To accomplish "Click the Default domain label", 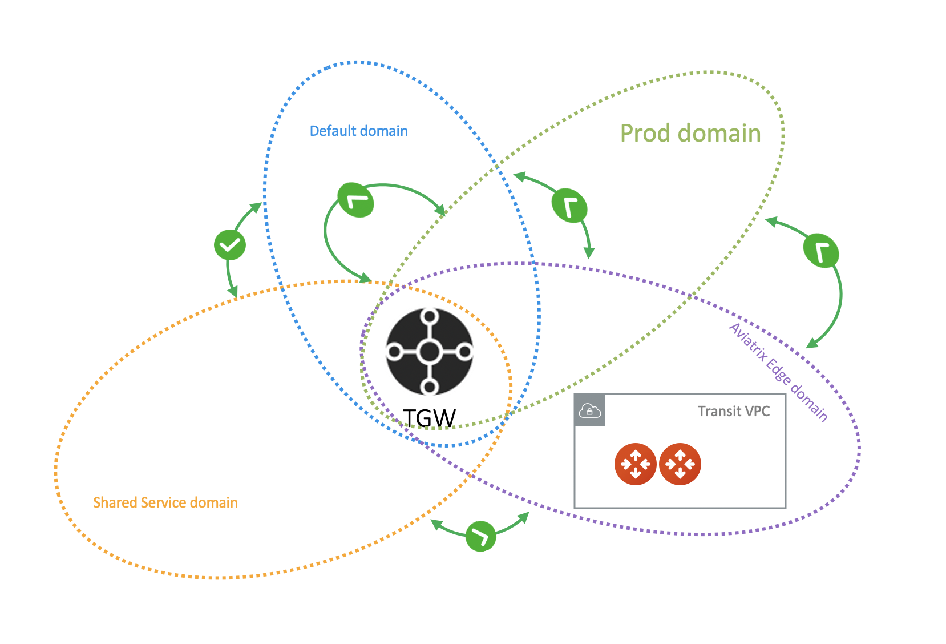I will (x=358, y=131).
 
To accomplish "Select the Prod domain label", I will (x=690, y=134).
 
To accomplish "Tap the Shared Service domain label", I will (x=165, y=502).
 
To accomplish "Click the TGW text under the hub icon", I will (x=429, y=418).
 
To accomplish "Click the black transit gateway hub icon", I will (x=430, y=352).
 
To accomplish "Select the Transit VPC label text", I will (x=734, y=411).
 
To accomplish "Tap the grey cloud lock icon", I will (x=590, y=410).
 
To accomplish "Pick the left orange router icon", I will (x=635, y=464).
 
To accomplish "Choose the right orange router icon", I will (x=680, y=464).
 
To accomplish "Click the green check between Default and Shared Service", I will (x=230, y=245).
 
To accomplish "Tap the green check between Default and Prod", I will (x=355, y=200).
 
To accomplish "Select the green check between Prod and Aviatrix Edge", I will (x=821, y=251).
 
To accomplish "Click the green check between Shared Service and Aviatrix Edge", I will (x=480, y=536).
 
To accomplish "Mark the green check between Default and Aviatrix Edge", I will (x=569, y=206).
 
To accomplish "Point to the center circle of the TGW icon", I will (x=430, y=352).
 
